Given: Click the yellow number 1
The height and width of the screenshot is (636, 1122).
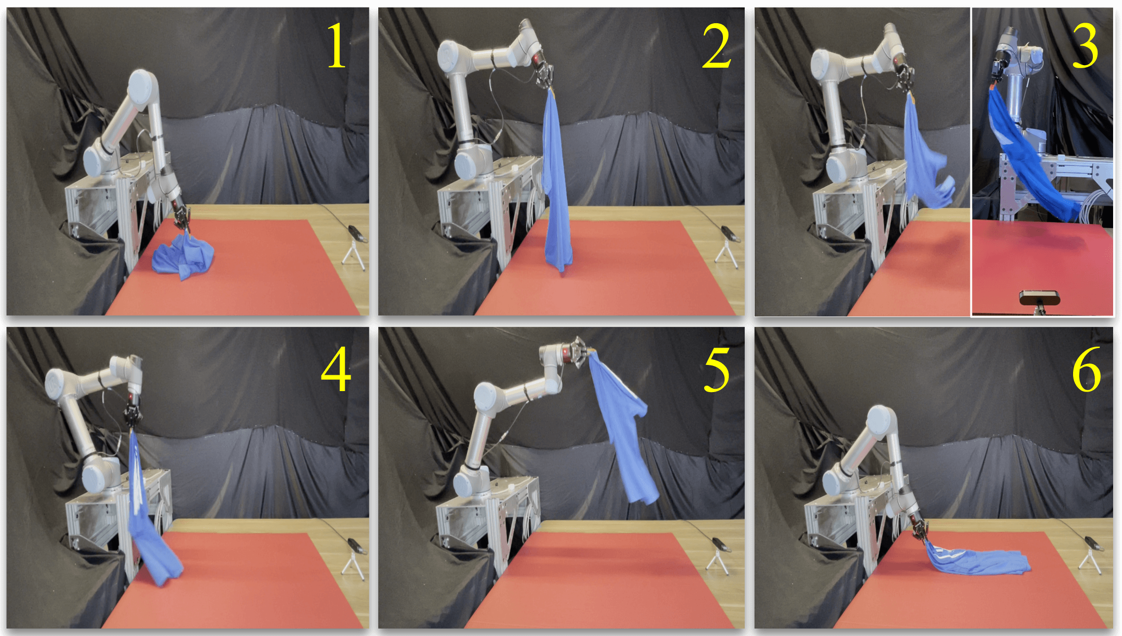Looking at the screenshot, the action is tap(337, 46).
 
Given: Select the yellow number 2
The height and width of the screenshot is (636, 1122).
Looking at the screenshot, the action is tap(717, 46).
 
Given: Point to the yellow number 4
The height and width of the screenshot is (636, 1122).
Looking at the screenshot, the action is tap(336, 368).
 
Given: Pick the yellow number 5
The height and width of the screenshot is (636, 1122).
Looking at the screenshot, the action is tap(717, 369).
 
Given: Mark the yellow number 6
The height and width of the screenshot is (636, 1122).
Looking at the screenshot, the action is tap(1086, 369).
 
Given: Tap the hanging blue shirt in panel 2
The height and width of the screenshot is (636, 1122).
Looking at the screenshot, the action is tap(557, 180).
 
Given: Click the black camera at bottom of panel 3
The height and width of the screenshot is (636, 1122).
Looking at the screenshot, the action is tap(1039, 300).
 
